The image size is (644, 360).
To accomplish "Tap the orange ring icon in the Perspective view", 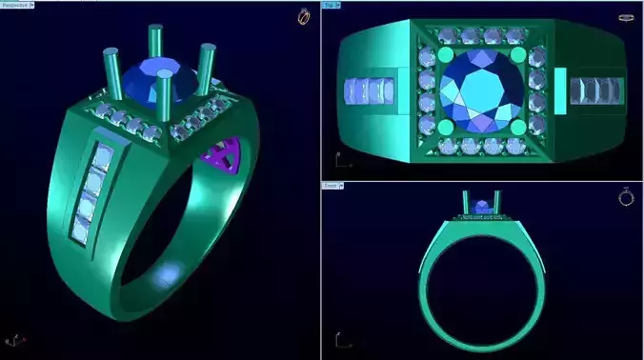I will pos(303,16).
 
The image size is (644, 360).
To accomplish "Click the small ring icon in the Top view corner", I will pos(626,17).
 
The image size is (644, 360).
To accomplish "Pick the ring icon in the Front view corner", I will pos(626,197).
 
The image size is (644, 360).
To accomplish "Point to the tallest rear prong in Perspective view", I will pos(154,43).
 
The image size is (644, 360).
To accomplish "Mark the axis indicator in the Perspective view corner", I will pos(13,339).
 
